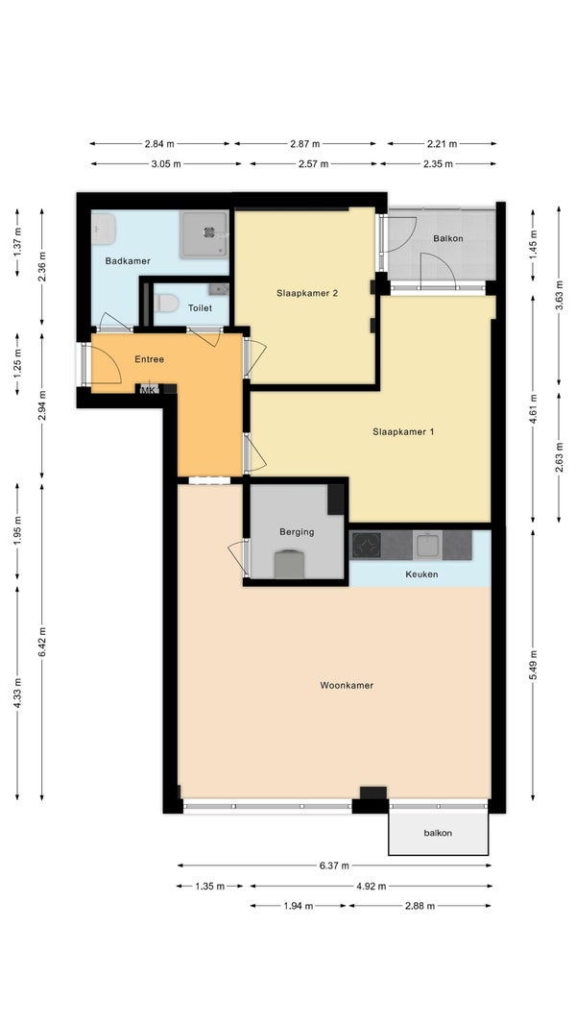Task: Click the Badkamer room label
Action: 128,261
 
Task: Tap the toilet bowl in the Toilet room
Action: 167,303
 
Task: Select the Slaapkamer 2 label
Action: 306,293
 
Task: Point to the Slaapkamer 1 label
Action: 403,431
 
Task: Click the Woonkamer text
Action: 347,685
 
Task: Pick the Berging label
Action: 297,531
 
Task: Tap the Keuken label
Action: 421,574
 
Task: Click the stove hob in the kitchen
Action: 367,546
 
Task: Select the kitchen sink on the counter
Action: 429,545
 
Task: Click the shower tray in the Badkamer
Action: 204,233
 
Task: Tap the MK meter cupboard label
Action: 149,391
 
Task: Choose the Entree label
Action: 150,359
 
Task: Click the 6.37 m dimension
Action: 334,866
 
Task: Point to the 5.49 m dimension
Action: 534,664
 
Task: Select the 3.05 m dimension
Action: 166,164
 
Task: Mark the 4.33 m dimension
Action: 17,693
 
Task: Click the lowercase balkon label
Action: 438,833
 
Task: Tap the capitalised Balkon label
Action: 448,238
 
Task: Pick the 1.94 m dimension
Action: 299,906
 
